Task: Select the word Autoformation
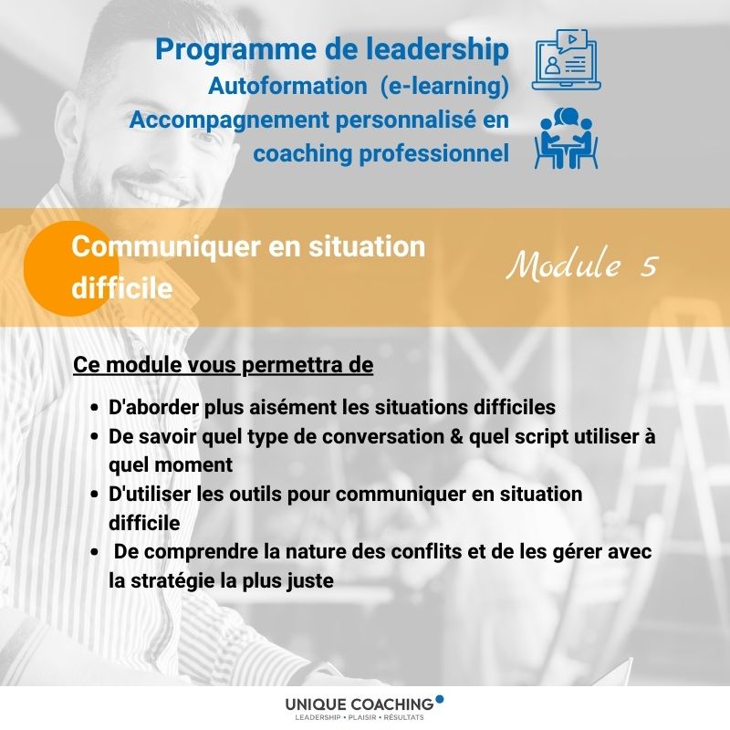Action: (x=287, y=86)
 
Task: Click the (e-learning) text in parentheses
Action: (x=444, y=87)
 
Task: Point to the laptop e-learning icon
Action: (x=566, y=60)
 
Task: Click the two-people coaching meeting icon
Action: (x=566, y=139)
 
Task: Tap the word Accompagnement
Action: (x=230, y=120)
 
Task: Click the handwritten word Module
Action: (x=564, y=264)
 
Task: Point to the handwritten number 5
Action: (x=649, y=266)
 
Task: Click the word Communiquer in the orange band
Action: (x=166, y=246)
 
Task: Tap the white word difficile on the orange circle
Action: (x=122, y=288)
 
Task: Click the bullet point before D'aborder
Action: (x=95, y=408)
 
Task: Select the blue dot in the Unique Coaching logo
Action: (x=439, y=699)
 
